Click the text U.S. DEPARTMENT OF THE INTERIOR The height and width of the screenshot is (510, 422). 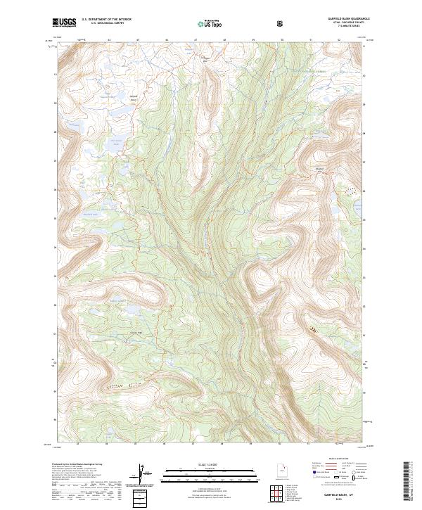coord(106,20)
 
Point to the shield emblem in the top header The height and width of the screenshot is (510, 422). coord(281,23)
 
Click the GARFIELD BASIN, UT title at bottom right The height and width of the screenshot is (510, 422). coord(348,497)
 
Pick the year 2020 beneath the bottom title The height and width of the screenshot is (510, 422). coord(348,502)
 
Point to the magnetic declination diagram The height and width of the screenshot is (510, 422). coord(146,474)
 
